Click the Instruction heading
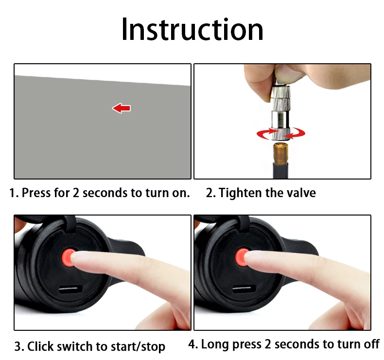tap(192, 29)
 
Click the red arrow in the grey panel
tap(122, 108)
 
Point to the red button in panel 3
tap(68, 257)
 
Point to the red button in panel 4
tap(241, 257)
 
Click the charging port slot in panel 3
tap(71, 289)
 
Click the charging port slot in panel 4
tap(244, 288)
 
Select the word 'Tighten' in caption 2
tap(240, 193)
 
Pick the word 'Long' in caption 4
tap(215, 344)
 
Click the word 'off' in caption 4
tap(371, 344)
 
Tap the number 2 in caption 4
tap(268, 344)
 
